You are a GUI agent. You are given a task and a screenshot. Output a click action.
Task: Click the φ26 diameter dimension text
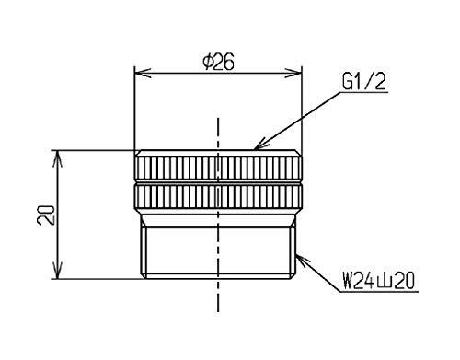tap(218, 62)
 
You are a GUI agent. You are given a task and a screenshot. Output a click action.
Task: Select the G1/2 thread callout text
tap(364, 82)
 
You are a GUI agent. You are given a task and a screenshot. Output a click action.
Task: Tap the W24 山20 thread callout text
tap(379, 282)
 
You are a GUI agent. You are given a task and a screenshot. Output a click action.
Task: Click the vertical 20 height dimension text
tap(46, 215)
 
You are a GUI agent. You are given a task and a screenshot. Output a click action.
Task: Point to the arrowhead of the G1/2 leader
tap(259, 145)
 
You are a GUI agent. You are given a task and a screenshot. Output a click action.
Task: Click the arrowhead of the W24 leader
tap(302, 260)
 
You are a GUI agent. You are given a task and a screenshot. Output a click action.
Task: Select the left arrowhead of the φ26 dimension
tap(143, 74)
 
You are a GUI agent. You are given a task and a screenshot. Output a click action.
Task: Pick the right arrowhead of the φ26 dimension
tap(293, 74)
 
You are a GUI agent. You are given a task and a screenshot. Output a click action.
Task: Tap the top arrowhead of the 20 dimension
tap(58, 158)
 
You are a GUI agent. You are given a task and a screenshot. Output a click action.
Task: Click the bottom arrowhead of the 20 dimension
tap(58, 271)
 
